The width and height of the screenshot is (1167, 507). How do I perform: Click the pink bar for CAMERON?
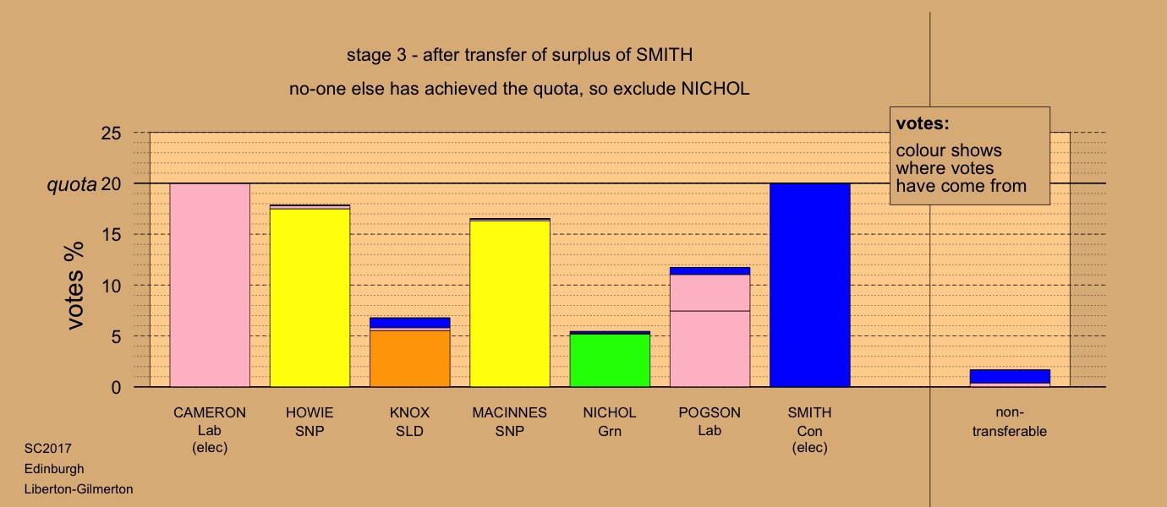(x=210, y=285)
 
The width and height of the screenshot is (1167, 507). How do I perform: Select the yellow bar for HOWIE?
(x=310, y=297)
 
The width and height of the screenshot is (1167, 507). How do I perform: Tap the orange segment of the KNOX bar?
(x=410, y=358)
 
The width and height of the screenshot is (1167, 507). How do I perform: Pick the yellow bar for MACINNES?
(x=510, y=304)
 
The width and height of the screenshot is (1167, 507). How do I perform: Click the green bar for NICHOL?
(x=610, y=360)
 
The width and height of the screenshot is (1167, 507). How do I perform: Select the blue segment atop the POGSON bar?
(x=710, y=271)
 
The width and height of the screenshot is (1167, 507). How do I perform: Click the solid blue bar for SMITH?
(x=810, y=285)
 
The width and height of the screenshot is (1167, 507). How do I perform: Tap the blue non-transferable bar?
(x=1011, y=376)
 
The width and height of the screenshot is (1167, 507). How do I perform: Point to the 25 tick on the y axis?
(x=111, y=134)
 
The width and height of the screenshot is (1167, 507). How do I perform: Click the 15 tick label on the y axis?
(x=111, y=235)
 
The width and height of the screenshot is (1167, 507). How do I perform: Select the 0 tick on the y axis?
(x=116, y=387)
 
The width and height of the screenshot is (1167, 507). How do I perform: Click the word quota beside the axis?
(x=72, y=184)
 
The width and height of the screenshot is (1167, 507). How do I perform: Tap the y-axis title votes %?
(x=74, y=286)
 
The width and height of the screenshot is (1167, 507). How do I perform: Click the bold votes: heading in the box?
(x=923, y=123)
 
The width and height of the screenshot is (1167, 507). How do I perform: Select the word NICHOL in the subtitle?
(x=715, y=89)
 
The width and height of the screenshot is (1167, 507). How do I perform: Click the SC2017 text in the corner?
(x=48, y=449)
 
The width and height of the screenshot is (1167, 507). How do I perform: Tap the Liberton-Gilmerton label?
(x=79, y=489)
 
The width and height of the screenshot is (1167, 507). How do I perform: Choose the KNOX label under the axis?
(x=410, y=413)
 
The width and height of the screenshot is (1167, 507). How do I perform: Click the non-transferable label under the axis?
(x=1010, y=422)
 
